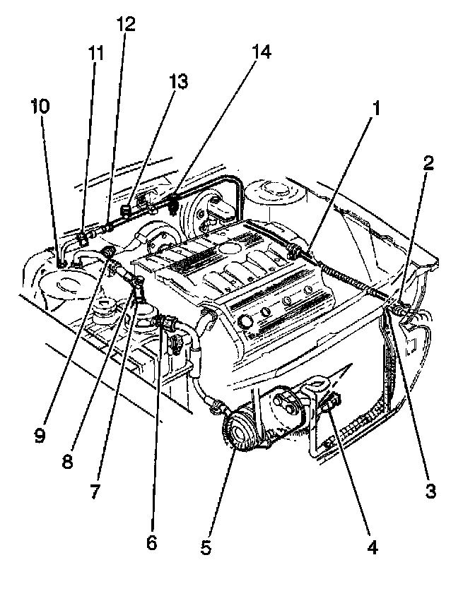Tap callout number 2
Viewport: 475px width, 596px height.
[x=428, y=164]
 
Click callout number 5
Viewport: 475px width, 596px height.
[x=206, y=547]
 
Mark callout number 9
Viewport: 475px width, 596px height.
[x=40, y=436]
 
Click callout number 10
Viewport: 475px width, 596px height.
[x=40, y=107]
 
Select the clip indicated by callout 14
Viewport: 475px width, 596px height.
[x=174, y=205]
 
